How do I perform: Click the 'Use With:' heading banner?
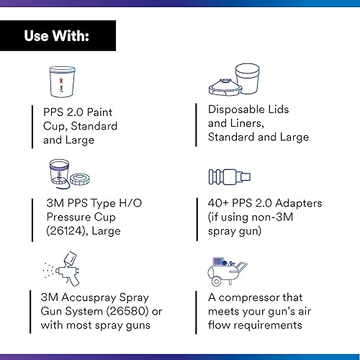coord(58,35)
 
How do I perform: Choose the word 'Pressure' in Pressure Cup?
coord(67,217)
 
